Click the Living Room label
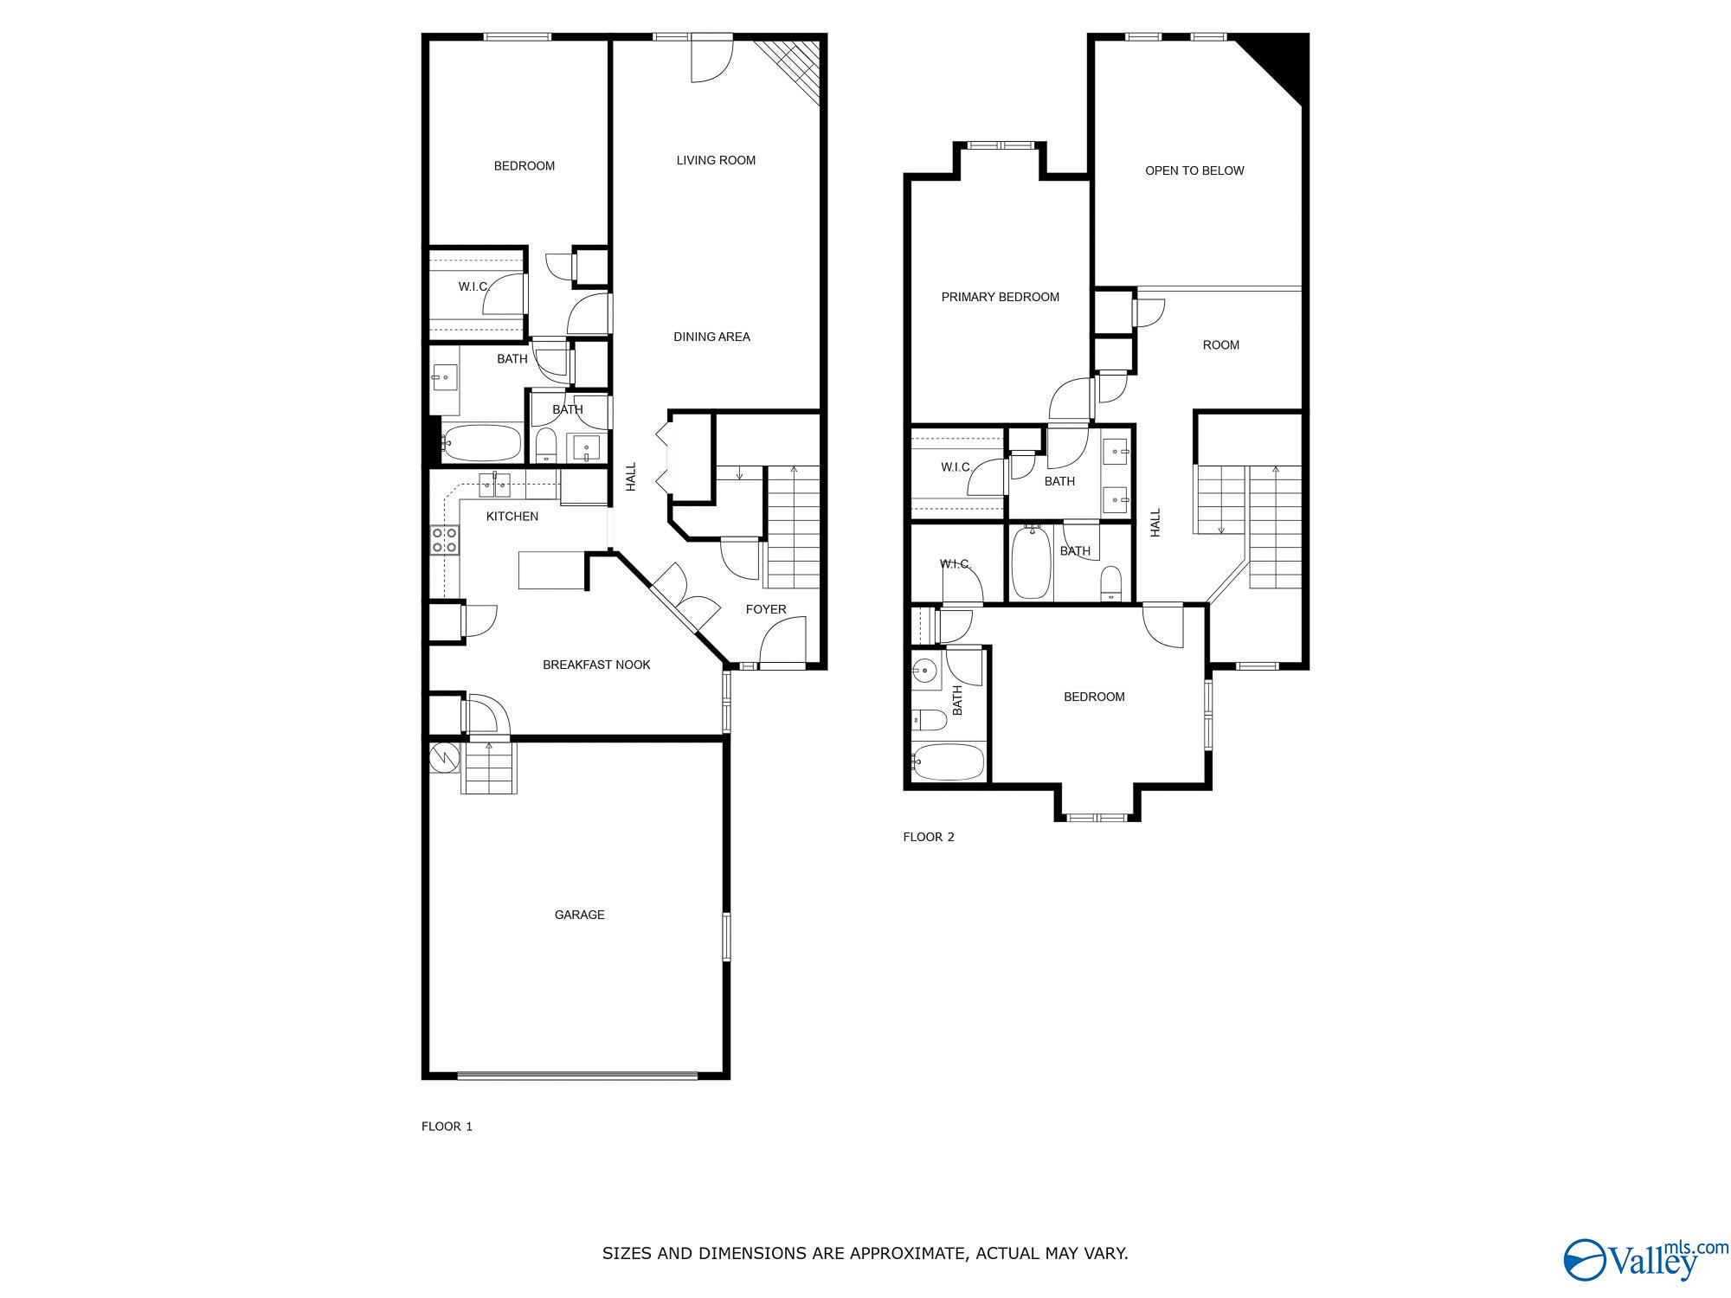click(716, 160)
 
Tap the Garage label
click(579, 915)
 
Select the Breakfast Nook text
click(596, 665)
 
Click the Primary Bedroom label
click(1000, 297)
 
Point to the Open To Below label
click(1194, 170)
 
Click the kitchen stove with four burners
click(445, 540)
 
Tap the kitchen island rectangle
click(551, 570)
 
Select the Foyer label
click(766, 609)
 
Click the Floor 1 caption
click(447, 1126)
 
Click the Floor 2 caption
click(928, 837)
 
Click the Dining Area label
click(711, 337)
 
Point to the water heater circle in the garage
click(443, 756)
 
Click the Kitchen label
click(512, 516)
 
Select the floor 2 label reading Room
click(1220, 344)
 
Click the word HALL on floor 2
click(1155, 523)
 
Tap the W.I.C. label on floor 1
click(473, 286)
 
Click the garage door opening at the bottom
click(576, 1076)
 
